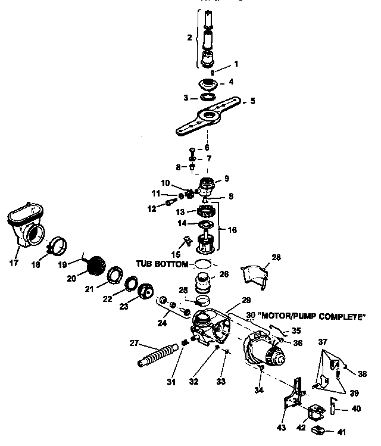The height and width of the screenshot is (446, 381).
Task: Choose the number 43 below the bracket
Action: coord(282,428)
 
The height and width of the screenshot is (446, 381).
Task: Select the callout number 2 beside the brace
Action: coord(189,38)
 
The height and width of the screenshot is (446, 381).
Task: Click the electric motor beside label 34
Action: coord(262,351)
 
